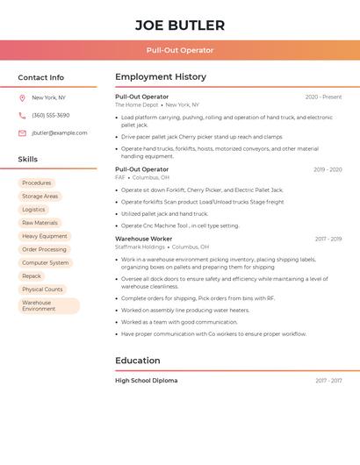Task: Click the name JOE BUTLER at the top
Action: (x=179, y=25)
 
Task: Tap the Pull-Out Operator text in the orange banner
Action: (x=179, y=50)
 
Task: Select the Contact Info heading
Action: (x=40, y=77)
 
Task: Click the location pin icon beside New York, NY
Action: (x=22, y=98)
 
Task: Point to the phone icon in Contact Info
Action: (x=22, y=116)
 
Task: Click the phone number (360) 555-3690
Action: (x=50, y=116)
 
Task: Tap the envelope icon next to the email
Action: (x=22, y=133)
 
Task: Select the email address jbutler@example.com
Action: (x=60, y=133)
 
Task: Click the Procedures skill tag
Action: (x=37, y=183)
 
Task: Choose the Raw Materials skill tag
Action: (x=40, y=223)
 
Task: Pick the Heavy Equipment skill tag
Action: (x=44, y=236)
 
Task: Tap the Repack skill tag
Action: (x=32, y=276)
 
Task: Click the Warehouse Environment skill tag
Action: (x=48, y=305)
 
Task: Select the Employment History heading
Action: (x=161, y=77)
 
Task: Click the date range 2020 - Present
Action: (x=323, y=97)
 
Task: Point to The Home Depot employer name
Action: (x=137, y=105)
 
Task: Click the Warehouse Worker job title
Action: (x=143, y=239)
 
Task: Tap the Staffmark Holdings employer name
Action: (x=140, y=247)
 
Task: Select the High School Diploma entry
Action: (x=146, y=381)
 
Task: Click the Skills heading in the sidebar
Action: (x=28, y=160)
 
